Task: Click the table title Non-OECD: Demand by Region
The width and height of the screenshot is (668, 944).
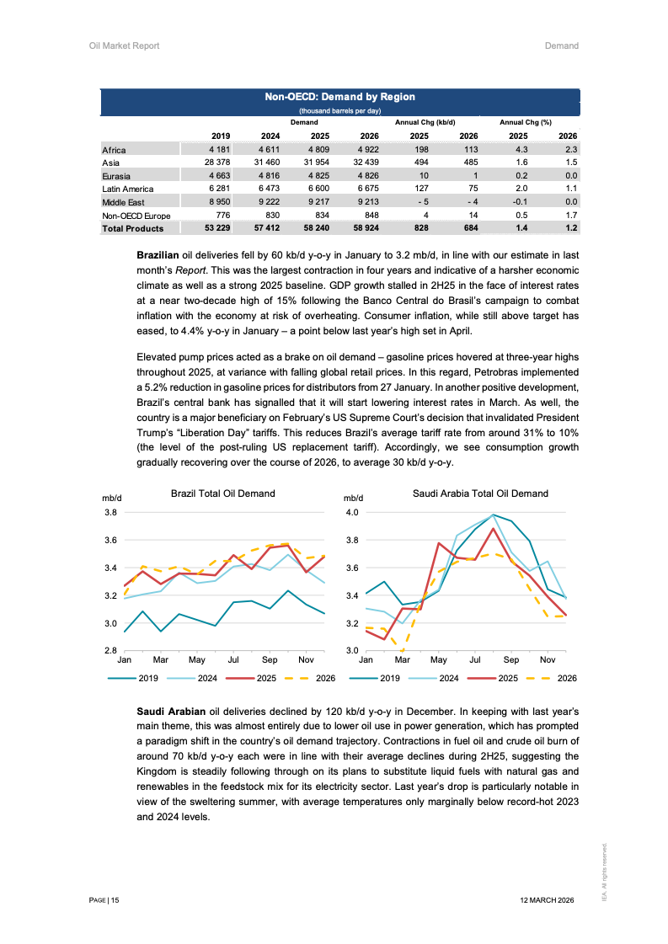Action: click(339, 97)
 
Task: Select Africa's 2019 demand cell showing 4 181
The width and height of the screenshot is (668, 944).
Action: click(220, 150)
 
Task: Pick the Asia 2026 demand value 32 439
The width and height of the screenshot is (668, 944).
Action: click(366, 163)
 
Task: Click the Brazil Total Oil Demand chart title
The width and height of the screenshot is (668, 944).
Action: click(222, 494)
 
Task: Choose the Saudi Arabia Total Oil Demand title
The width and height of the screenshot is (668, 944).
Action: click(480, 494)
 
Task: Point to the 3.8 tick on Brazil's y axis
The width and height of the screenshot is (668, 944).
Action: click(110, 512)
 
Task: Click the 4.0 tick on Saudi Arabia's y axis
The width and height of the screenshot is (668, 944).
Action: click(352, 512)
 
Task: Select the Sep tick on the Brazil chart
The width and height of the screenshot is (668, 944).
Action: click(270, 659)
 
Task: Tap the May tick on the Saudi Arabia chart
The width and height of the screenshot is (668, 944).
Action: click(438, 659)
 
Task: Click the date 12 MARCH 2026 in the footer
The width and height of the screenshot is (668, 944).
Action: click(548, 900)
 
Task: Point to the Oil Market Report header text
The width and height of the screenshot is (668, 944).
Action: click(124, 45)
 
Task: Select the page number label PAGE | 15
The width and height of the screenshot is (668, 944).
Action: click(104, 900)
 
